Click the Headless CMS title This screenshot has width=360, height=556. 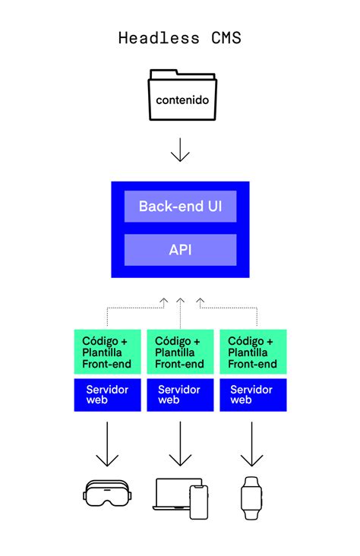coord(180,37)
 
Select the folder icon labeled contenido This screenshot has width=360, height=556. coord(180,96)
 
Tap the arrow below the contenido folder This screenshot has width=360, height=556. coord(180,149)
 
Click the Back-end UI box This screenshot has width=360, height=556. coord(180,206)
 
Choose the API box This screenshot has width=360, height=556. coord(180,250)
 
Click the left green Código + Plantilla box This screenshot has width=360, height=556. coord(107,353)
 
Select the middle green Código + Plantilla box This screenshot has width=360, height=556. coord(180,353)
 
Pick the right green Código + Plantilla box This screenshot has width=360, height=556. coord(253,353)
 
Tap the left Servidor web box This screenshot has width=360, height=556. coord(107,394)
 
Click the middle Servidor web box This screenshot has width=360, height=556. coord(180,394)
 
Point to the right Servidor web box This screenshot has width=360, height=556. coord(253,394)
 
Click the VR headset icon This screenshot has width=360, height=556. coord(107,494)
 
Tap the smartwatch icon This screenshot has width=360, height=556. coord(251,498)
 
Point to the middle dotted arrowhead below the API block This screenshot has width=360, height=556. coord(180,302)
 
